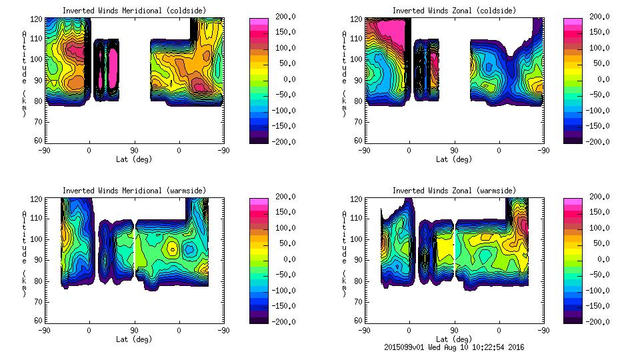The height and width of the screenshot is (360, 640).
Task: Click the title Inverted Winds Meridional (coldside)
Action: [x=134, y=11]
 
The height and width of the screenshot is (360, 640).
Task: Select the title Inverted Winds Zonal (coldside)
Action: [x=453, y=11]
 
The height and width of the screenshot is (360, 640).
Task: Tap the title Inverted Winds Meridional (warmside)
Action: [x=134, y=191]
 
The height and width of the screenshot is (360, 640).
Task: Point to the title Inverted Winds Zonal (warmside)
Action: [x=453, y=191]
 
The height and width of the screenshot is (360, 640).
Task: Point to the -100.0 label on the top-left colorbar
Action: [x=285, y=110]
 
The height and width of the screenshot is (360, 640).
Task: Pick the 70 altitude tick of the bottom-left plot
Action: [x=38, y=301]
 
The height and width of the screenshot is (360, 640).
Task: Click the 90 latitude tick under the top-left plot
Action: [x=134, y=151]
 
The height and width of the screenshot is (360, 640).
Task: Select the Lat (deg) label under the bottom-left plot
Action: [x=134, y=339]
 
